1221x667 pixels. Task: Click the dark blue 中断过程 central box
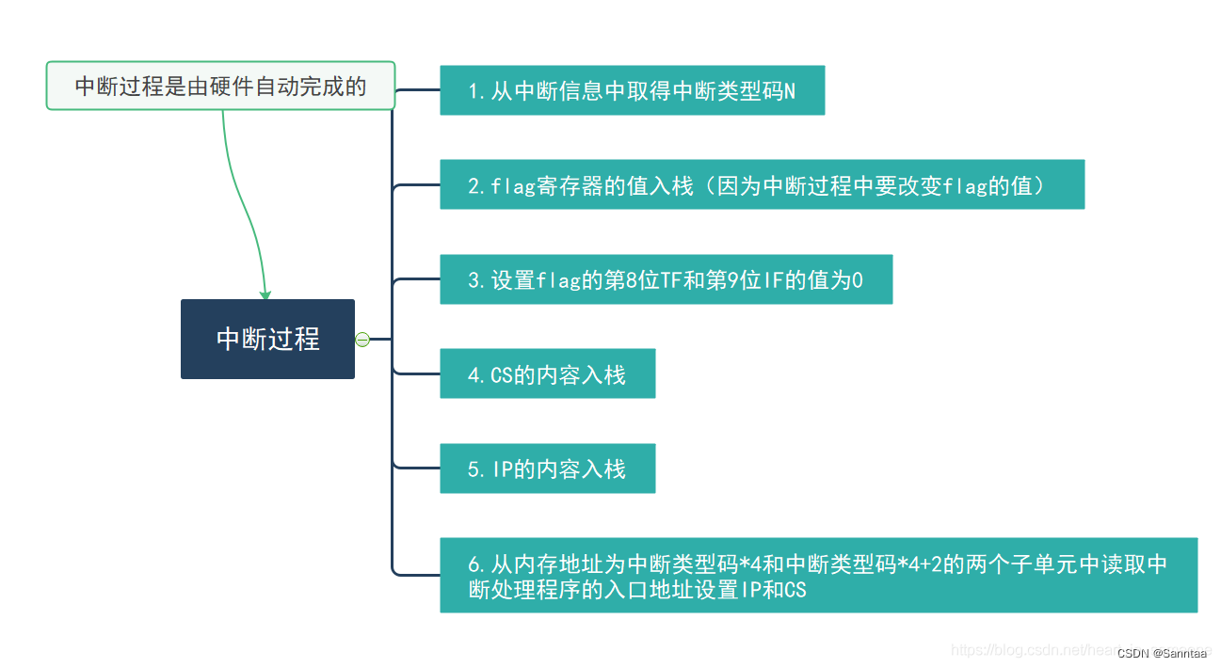267,339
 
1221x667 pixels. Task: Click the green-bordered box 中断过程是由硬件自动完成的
220,86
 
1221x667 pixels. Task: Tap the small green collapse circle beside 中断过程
362,340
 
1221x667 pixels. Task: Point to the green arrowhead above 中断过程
265,294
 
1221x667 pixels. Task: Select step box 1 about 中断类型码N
632,90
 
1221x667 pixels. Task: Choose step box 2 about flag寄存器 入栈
762,184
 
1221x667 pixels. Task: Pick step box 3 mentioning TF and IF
666,279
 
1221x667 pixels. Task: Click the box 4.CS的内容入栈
547,373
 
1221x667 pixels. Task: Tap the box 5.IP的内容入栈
547,468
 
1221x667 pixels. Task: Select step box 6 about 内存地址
818,576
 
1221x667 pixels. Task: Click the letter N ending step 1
789,91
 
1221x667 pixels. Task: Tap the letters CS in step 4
502,375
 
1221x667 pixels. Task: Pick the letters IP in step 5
502,469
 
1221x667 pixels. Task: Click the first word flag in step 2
514,186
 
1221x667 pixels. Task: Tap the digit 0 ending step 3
857,280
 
